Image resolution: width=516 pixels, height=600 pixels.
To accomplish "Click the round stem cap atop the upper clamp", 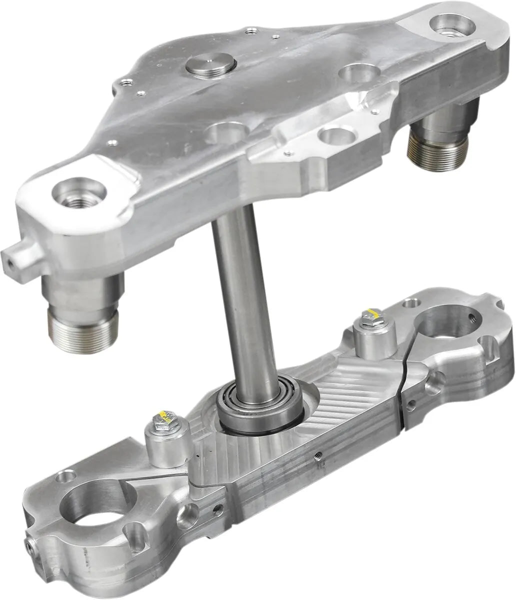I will (x=210, y=66).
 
